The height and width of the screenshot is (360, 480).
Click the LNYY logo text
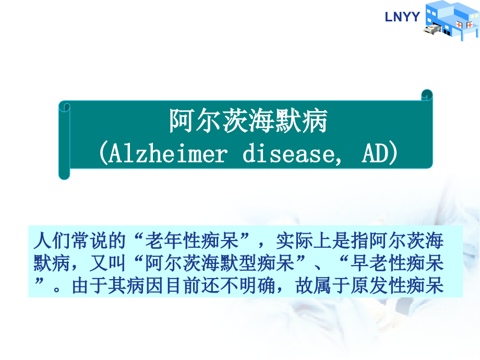point(402,17)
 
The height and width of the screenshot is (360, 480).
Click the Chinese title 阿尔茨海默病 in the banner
point(248,122)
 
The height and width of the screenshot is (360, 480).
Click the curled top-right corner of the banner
point(427,95)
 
